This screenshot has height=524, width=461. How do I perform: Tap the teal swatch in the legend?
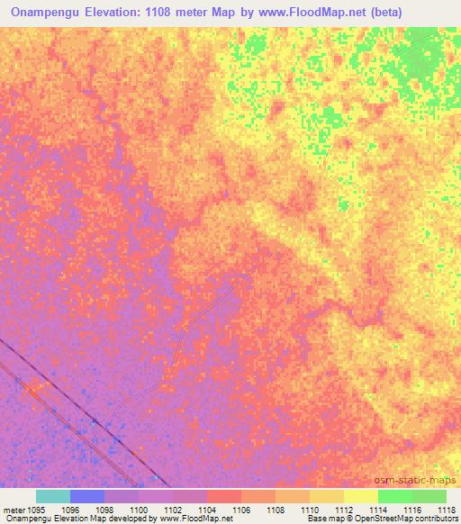click(x=52, y=496)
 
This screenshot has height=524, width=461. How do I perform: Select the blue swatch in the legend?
click(x=86, y=496)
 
